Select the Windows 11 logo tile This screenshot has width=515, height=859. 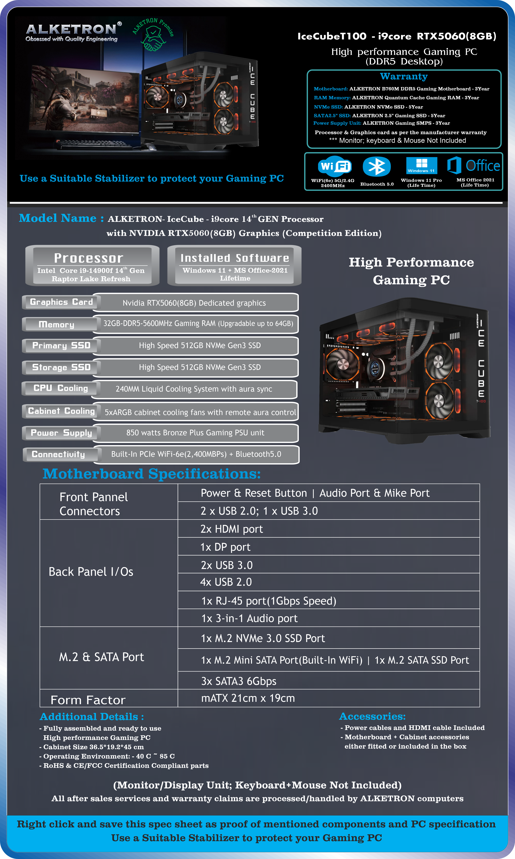(x=422, y=166)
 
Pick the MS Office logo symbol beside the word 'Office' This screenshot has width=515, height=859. (x=454, y=165)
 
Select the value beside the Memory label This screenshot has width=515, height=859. (x=198, y=324)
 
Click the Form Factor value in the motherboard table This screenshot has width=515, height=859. (x=248, y=698)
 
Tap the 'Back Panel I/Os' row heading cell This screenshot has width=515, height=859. (x=109, y=573)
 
